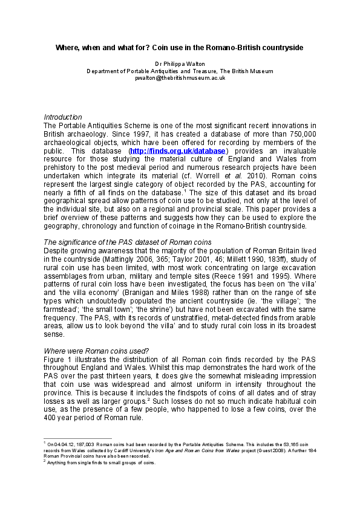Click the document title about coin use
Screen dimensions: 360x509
(180, 47)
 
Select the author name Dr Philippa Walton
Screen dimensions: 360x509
(180, 63)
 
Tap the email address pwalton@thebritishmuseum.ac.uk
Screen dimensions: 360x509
(180, 78)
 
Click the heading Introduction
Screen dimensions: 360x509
(63, 117)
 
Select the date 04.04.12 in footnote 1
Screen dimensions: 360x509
(62, 444)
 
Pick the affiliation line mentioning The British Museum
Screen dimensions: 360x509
(180, 71)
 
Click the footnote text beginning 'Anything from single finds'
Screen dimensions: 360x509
(102, 463)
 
